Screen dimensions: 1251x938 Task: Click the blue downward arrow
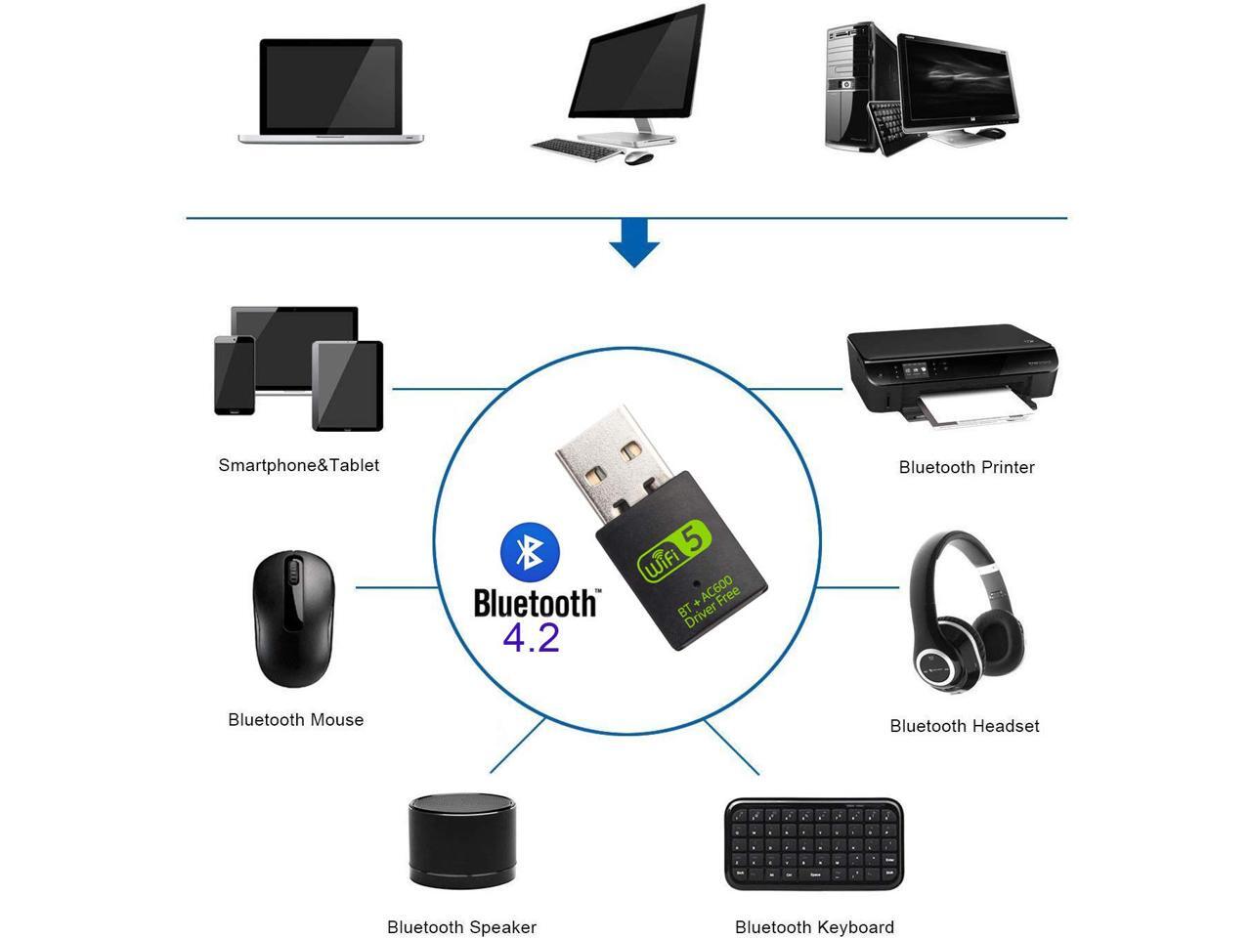633,243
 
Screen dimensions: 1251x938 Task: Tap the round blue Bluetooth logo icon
530,551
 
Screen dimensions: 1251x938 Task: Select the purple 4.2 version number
531,639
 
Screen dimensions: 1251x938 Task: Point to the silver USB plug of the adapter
615,462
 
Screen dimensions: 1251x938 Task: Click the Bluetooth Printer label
966,468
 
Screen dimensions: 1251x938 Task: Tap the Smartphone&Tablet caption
299,465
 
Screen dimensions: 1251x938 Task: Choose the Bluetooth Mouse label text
296,720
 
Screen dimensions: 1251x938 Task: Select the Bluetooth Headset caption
965,726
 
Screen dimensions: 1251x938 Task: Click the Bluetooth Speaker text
461,926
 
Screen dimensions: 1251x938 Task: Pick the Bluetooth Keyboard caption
814,926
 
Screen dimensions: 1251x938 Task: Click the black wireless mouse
294,618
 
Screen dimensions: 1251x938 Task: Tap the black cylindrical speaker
462,841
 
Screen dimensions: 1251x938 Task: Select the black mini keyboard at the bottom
814,844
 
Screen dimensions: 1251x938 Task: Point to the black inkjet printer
952,376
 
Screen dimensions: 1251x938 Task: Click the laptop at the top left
330,91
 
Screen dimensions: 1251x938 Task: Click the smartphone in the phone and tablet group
235,375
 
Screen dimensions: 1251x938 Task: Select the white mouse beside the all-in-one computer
638,157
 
